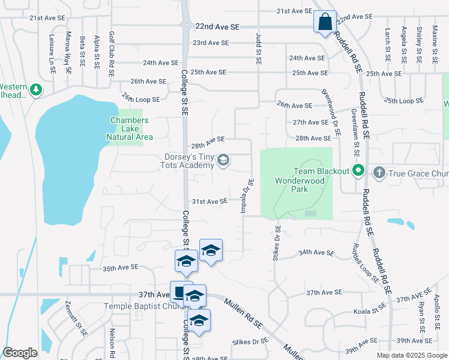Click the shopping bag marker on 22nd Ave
(x=325, y=22)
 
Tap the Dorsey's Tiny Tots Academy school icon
(x=223, y=160)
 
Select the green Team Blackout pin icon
(x=359, y=171)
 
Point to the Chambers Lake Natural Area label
(x=129, y=128)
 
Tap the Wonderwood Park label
(x=291, y=184)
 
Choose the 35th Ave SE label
(x=121, y=267)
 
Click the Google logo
(x=20, y=353)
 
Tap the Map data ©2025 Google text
(x=412, y=355)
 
